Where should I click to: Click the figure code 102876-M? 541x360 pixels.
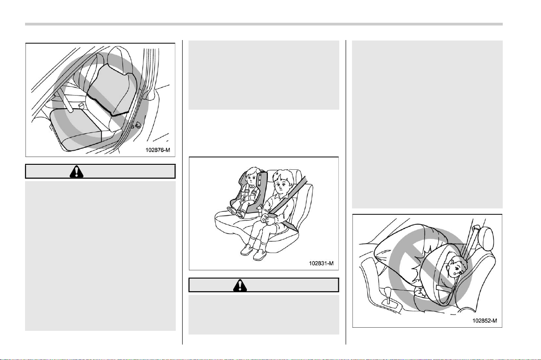(x=158, y=150)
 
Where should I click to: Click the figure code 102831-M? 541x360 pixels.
(x=321, y=263)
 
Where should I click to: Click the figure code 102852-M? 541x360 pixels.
(x=485, y=320)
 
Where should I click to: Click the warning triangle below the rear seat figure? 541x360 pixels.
(x=76, y=172)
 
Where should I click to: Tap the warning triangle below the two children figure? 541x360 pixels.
(x=240, y=285)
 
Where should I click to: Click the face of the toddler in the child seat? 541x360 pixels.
(x=254, y=178)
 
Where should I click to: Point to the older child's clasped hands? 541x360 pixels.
(x=268, y=218)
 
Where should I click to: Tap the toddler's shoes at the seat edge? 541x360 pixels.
(x=235, y=211)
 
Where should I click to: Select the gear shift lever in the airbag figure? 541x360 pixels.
(x=388, y=295)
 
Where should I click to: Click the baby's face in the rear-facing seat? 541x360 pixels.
(x=456, y=269)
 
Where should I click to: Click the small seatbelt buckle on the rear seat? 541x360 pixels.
(x=81, y=105)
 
